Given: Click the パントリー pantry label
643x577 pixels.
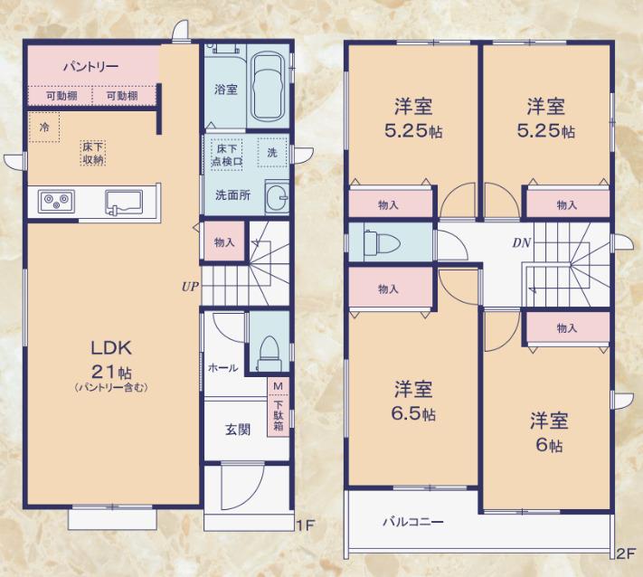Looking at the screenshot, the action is click(x=91, y=66).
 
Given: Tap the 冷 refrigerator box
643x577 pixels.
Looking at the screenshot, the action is click(x=44, y=128).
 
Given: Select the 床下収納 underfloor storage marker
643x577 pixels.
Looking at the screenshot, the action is click(x=93, y=153).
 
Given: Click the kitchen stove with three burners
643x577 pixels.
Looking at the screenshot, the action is click(x=57, y=202).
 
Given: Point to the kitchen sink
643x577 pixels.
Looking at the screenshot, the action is click(x=123, y=203).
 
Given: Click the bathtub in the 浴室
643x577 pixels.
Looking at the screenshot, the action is click(x=269, y=87).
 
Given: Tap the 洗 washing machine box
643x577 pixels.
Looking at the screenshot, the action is click(x=272, y=153).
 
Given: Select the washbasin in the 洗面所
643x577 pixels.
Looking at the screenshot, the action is click(x=278, y=197).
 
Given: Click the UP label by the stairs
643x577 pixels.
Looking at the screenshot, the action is click(x=190, y=287).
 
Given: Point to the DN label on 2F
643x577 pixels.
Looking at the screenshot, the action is click(x=522, y=242).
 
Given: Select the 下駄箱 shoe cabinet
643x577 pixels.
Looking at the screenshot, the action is click(x=279, y=414).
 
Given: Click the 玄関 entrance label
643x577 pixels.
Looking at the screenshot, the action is click(x=238, y=430).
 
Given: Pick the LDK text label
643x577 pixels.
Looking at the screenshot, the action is click(x=111, y=348).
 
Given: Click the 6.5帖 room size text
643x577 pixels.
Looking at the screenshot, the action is click(x=413, y=414).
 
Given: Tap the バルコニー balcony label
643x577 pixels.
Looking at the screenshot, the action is click(x=413, y=522).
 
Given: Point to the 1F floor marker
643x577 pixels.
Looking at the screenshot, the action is click(x=305, y=525).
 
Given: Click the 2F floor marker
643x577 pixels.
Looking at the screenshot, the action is click(x=626, y=553).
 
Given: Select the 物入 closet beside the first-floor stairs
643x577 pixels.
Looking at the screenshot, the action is click(x=224, y=242).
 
